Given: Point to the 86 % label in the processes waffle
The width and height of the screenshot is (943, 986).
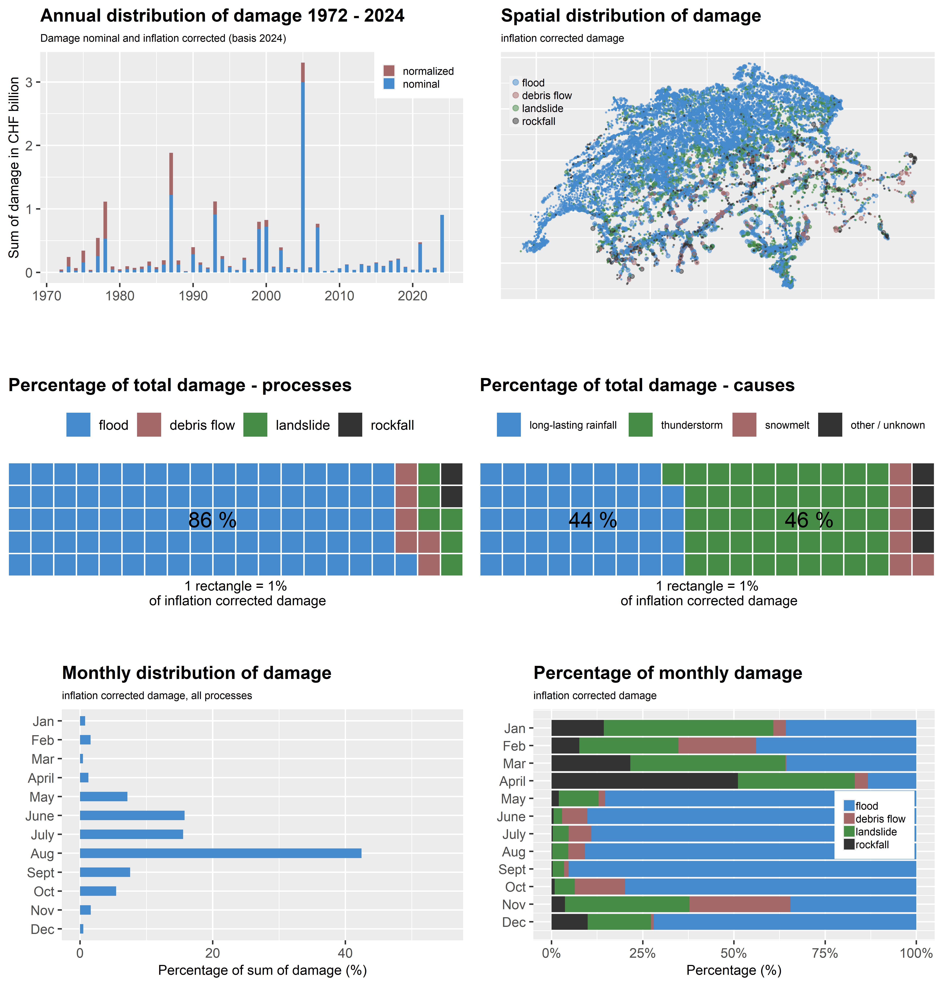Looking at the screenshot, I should (x=212, y=520).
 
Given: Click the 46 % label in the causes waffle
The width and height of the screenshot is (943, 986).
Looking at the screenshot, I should (x=809, y=520).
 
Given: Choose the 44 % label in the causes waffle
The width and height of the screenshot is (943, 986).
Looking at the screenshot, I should (x=593, y=520).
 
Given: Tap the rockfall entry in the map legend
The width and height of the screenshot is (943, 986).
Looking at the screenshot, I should (x=538, y=121).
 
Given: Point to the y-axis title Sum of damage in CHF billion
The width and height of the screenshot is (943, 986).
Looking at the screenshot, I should (x=14, y=167).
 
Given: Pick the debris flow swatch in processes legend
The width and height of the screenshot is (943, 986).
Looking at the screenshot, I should (x=149, y=425).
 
